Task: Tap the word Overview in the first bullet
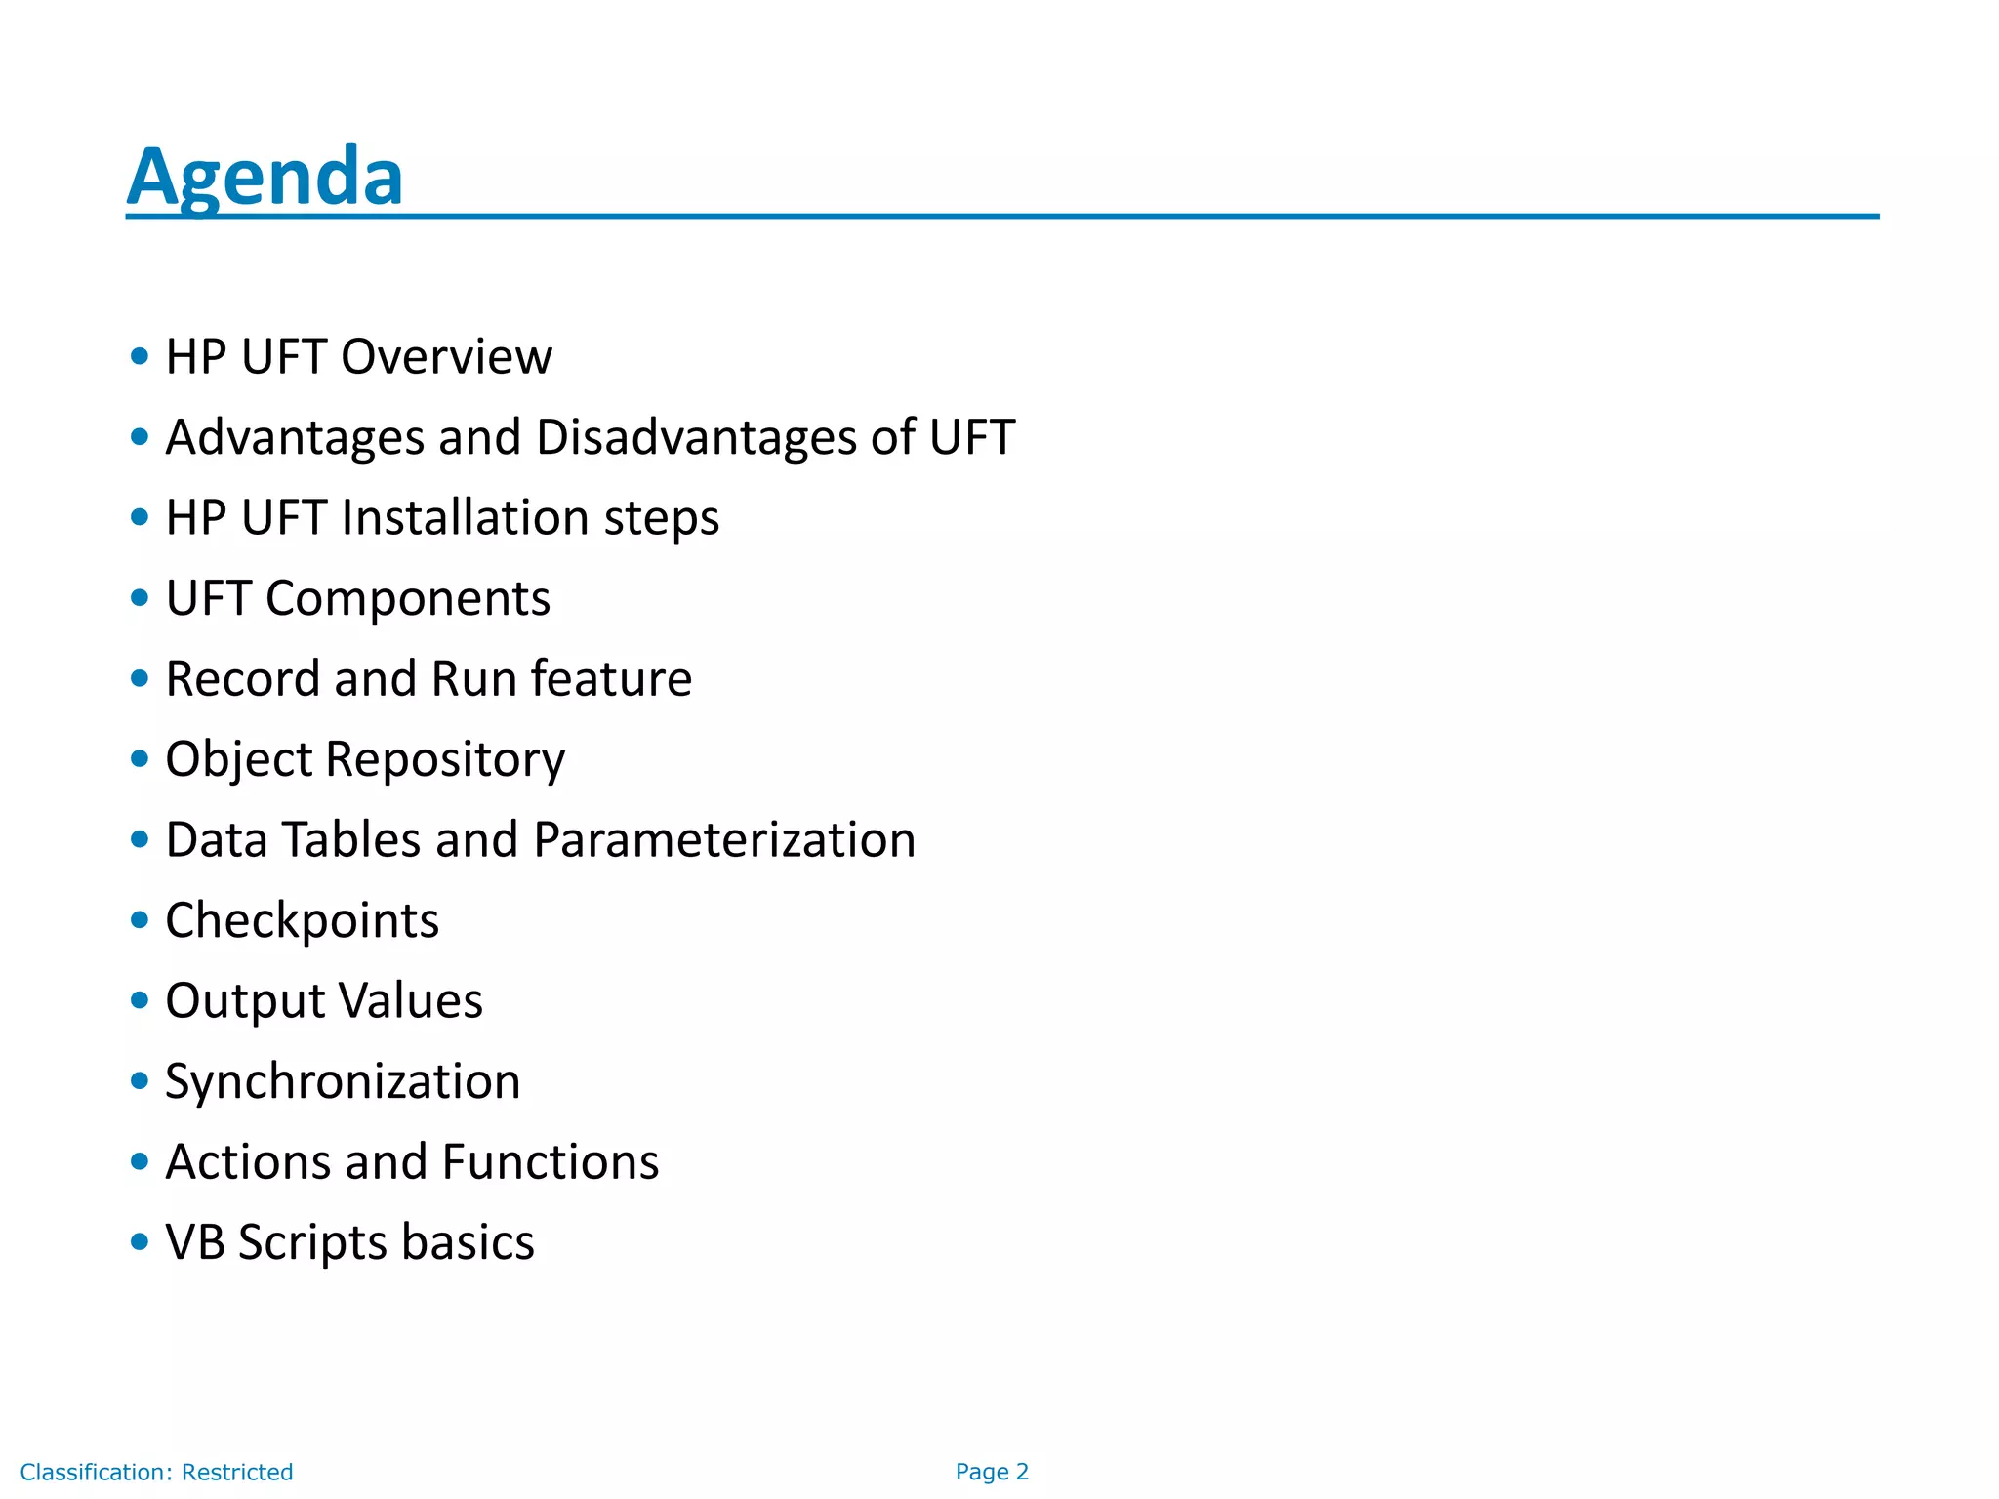[x=446, y=356]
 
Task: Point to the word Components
[x=407, y=598]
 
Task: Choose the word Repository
[x=445, y=759]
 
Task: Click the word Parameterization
[x=724, y=839]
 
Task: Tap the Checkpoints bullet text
[x=302, y=920]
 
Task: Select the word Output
[x=244, y=1000]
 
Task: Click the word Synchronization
[x=343, y=1081]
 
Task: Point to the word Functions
[x=550, y=1161]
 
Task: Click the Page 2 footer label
[x=992, y=1472]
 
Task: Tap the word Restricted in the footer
[x=237, y=1472]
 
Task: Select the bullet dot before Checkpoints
[x=140, y=919]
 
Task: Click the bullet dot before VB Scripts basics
[x=140, y=1241]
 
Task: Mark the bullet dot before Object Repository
[x=140, y=758]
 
